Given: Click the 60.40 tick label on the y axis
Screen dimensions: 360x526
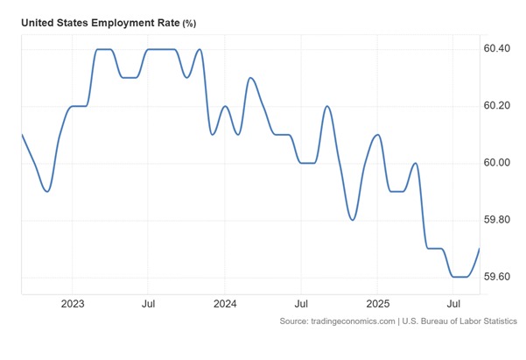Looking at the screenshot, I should pyautogui.click(x=497, y=48).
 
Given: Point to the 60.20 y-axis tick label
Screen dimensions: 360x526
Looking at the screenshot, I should pyautogui.click(x=497, y=106).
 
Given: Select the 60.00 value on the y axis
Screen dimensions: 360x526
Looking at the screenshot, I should pyautogui.click(x=497, y=163).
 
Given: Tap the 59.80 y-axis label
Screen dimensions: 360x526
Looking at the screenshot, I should pyautogui.click(x=497, y=220).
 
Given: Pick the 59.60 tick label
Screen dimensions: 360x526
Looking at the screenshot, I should pyautogui.click(x=497, y=277).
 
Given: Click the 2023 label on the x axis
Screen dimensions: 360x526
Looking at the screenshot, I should pyautogui.click(x=73, y=304).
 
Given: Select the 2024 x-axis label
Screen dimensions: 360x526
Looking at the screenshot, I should pyautogui.click(x=225, y=304).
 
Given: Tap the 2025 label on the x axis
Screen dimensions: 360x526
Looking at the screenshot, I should pyautogui.click(x=377, y=304).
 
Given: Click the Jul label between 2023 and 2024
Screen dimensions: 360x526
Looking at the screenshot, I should pyautogui.click(x=148, y=304).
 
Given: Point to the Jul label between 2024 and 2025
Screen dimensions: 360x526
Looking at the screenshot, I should pyautogui.click(x=300, y=304).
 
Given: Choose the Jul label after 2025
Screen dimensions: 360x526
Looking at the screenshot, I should pyautogui.click(x=453, y=304).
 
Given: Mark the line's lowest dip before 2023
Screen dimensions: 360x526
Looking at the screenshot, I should pyautogui.click(x=46, y=191).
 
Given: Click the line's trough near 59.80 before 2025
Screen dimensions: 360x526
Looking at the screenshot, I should pyautogui.click(x=352, y=220).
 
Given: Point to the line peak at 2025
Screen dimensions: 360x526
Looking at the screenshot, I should pyautogui.click(x=377, y=135).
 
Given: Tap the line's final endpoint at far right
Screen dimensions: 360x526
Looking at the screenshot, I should pyautogui.click(x=479, y=249).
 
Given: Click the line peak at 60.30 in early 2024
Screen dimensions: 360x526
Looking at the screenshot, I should pyautogui.click(x=250, y=78).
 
